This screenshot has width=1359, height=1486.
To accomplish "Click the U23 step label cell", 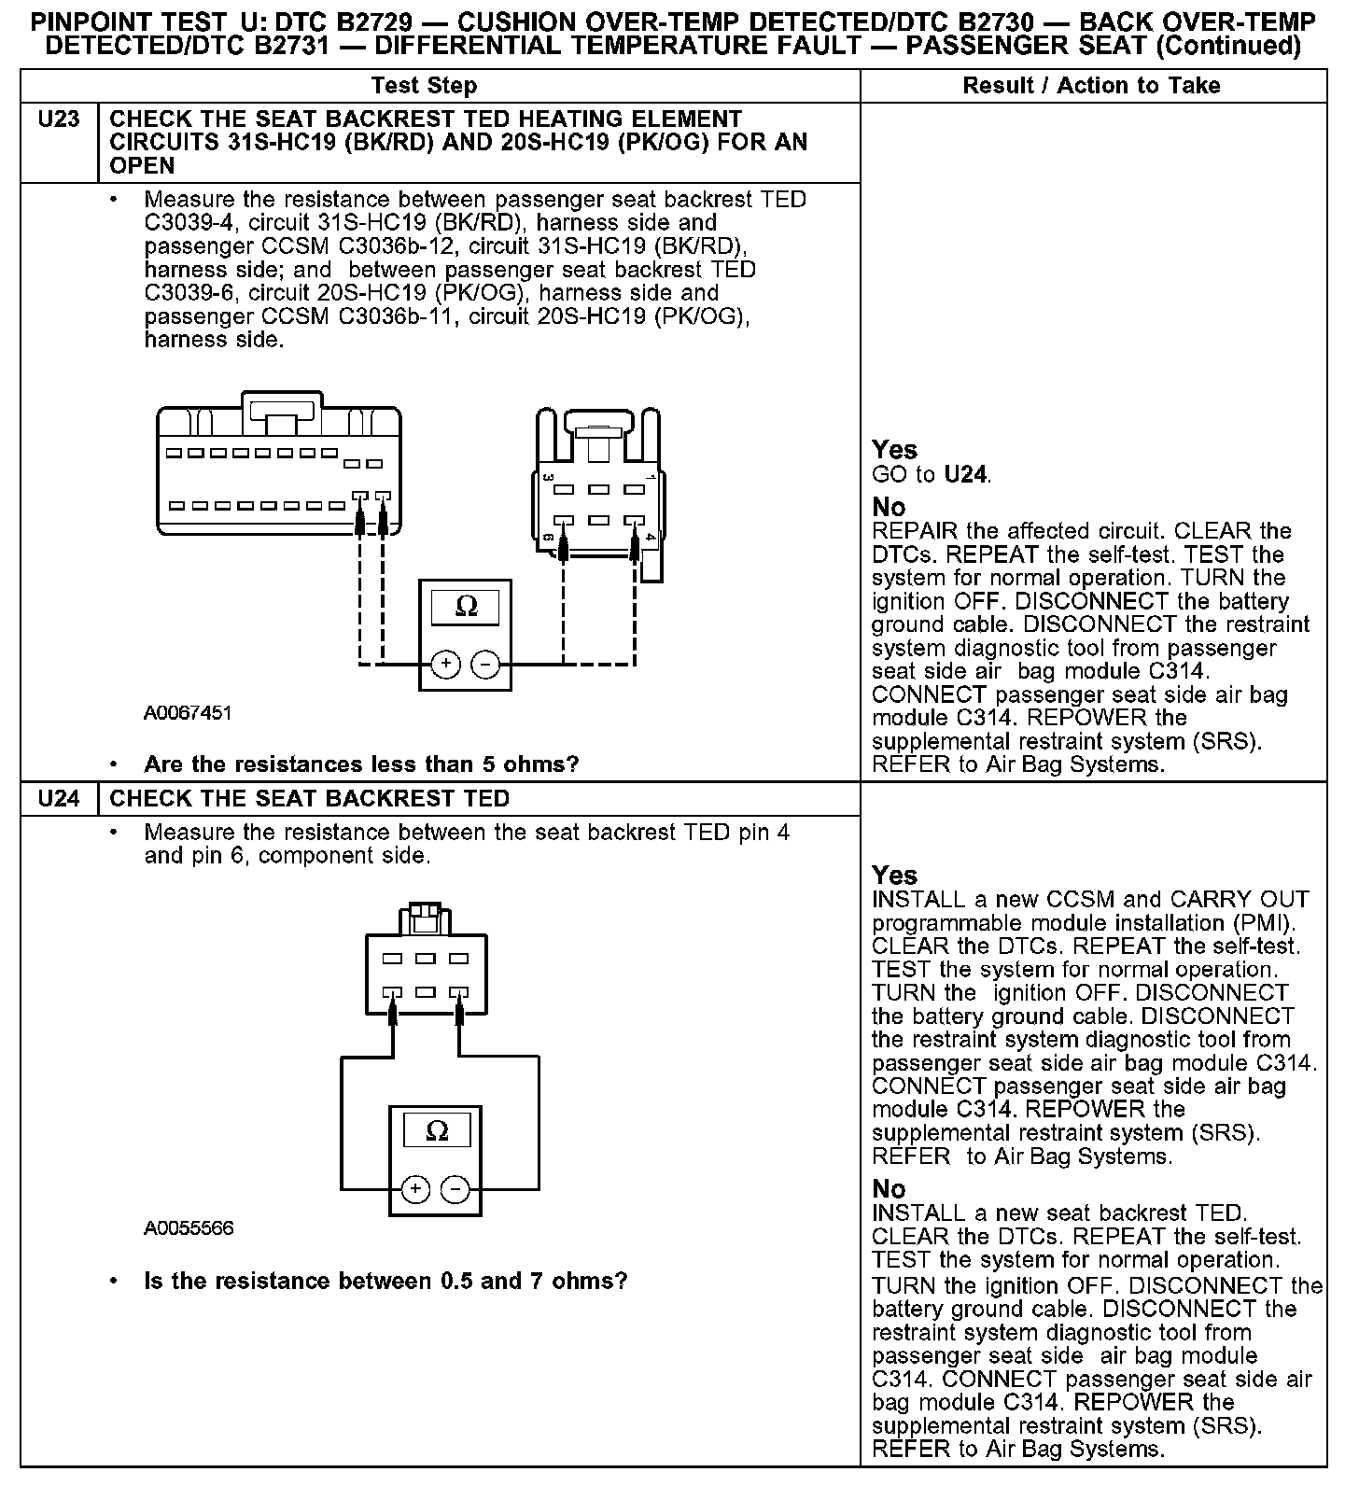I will click(59, 120).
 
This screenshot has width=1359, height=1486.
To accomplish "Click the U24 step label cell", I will click(59, 799).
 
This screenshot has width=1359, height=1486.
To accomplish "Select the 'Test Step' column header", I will click(424, 86).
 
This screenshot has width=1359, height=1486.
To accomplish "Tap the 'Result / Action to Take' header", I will click(1091, 86).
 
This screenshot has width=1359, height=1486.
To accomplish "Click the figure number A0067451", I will click(188, 713).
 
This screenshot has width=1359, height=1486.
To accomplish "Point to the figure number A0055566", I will click(189, 1228).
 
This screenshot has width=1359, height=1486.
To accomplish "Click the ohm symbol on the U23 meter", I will click(466, 608).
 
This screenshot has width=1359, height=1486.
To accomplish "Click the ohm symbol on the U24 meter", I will click(436, 1131).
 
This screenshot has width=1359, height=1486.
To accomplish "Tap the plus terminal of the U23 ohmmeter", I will click(446, 665).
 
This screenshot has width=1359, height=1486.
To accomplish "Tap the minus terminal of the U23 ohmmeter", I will click(485, 665).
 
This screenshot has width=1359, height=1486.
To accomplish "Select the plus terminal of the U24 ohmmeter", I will click(416, 1189).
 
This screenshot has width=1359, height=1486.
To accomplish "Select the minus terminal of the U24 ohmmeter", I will click(455, 1189).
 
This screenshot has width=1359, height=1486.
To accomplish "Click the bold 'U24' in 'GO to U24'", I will click(965, 475).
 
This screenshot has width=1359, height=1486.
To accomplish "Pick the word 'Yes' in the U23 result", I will click(894, 450).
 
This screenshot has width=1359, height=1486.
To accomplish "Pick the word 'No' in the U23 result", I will click(889, 507).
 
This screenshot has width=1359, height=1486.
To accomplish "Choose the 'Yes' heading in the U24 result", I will click(894, 876).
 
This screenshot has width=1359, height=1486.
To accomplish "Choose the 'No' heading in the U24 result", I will click(889, 1189).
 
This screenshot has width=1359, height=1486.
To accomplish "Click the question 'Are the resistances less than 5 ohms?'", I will click(361, 764).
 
